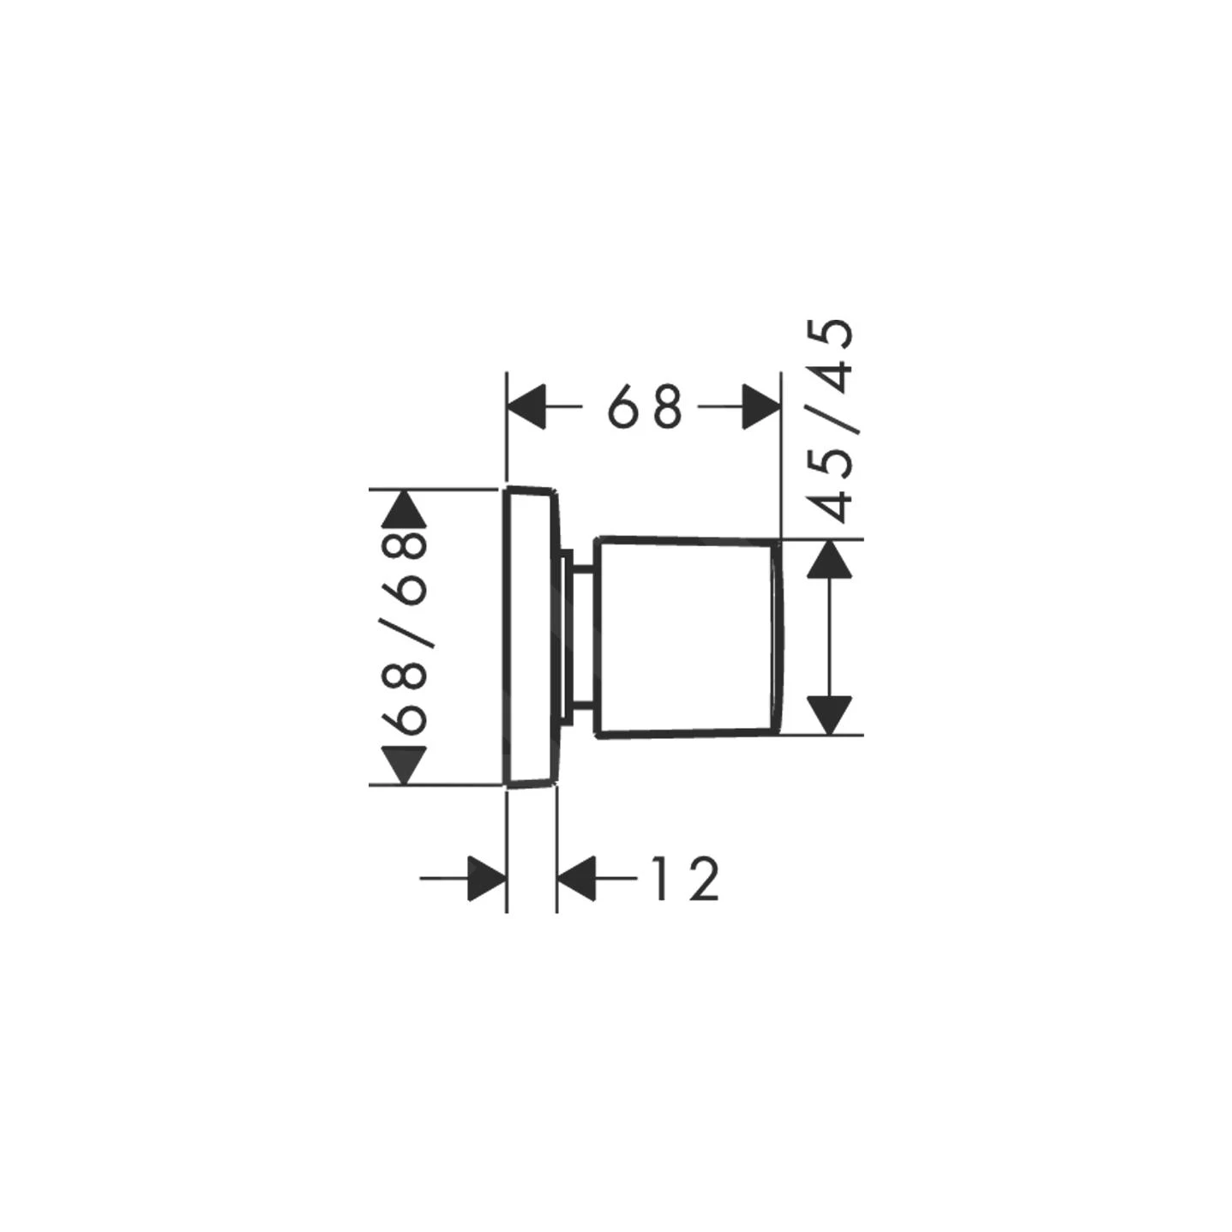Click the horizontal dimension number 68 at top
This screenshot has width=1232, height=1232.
[645, 407]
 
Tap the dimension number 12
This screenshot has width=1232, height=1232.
[686, 878]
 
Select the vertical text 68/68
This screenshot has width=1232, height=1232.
[404, 634]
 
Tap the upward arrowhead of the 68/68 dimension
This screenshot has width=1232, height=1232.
[404, 508]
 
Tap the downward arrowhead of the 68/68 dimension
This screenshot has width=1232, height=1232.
[404, 766]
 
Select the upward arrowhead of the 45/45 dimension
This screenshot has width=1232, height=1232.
[830, 559]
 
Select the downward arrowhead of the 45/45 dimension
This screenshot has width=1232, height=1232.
[830, 715]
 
